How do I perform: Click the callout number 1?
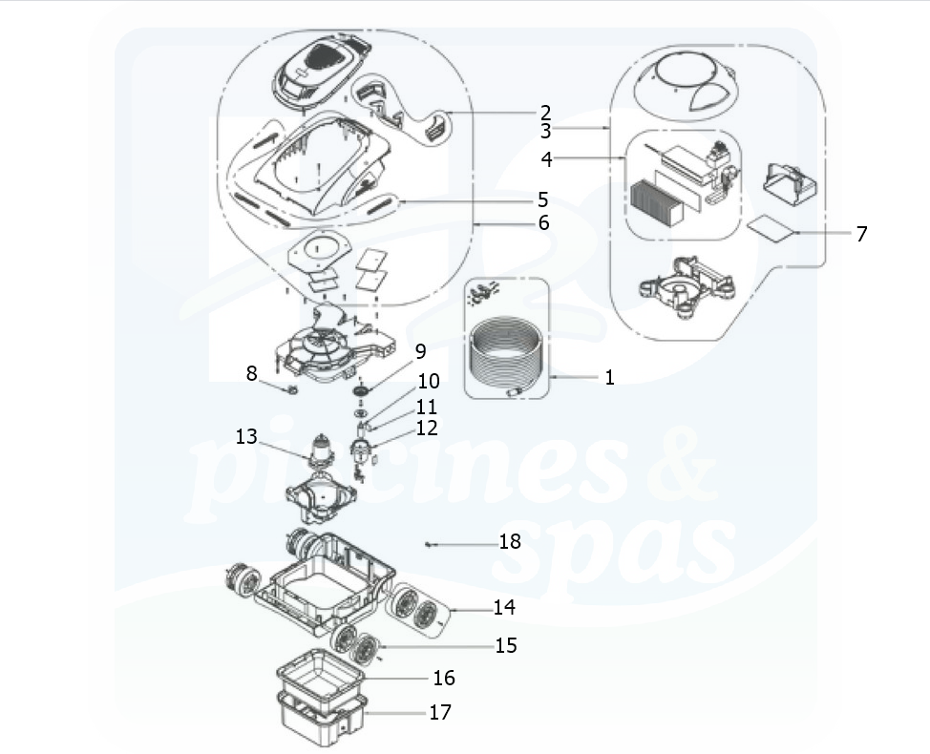click(x=609, y=377)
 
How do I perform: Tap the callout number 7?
click(x=861, y=234)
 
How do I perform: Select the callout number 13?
click(x=246, y=437)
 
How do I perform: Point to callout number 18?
click(x=510, y=541)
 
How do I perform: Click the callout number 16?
click(x=444, y=678)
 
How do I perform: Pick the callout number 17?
click(x=440, y=712)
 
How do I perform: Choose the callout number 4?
click(x=547, y=159)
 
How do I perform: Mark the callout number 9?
click(x=420, y=351)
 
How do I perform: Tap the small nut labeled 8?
click(x=292, y=390)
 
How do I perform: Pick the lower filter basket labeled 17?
click(x=320, y=718)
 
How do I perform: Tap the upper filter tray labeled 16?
click(x=320, y=672)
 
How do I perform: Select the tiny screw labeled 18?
click(x=428, y=544)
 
